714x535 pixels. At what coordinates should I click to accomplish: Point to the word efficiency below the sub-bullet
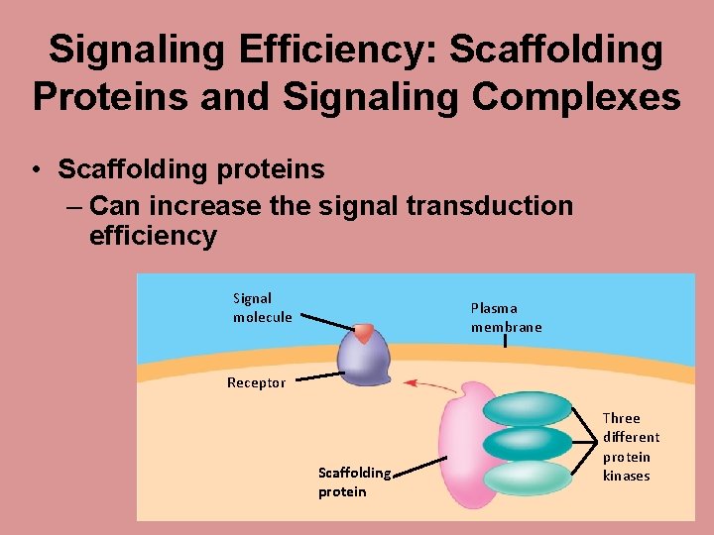tap(153, 236)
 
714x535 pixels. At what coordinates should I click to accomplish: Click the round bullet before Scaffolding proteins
tap(37, 170)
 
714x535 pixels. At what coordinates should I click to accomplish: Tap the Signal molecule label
tap(262, 307)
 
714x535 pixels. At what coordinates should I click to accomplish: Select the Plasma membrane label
tap(506, 317)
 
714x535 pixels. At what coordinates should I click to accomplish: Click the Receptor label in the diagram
tap(256, 382)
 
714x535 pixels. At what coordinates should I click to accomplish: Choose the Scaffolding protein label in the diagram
tap(354, 481)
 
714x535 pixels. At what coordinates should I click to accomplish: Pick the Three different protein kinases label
tap(631, 446)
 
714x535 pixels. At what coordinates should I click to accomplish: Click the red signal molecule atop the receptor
tap(364, 333)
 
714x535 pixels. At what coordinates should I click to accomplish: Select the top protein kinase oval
tap(528, 408)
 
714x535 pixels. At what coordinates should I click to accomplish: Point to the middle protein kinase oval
tap(528, 443)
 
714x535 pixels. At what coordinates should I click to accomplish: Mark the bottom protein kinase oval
tap(528, 478)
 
